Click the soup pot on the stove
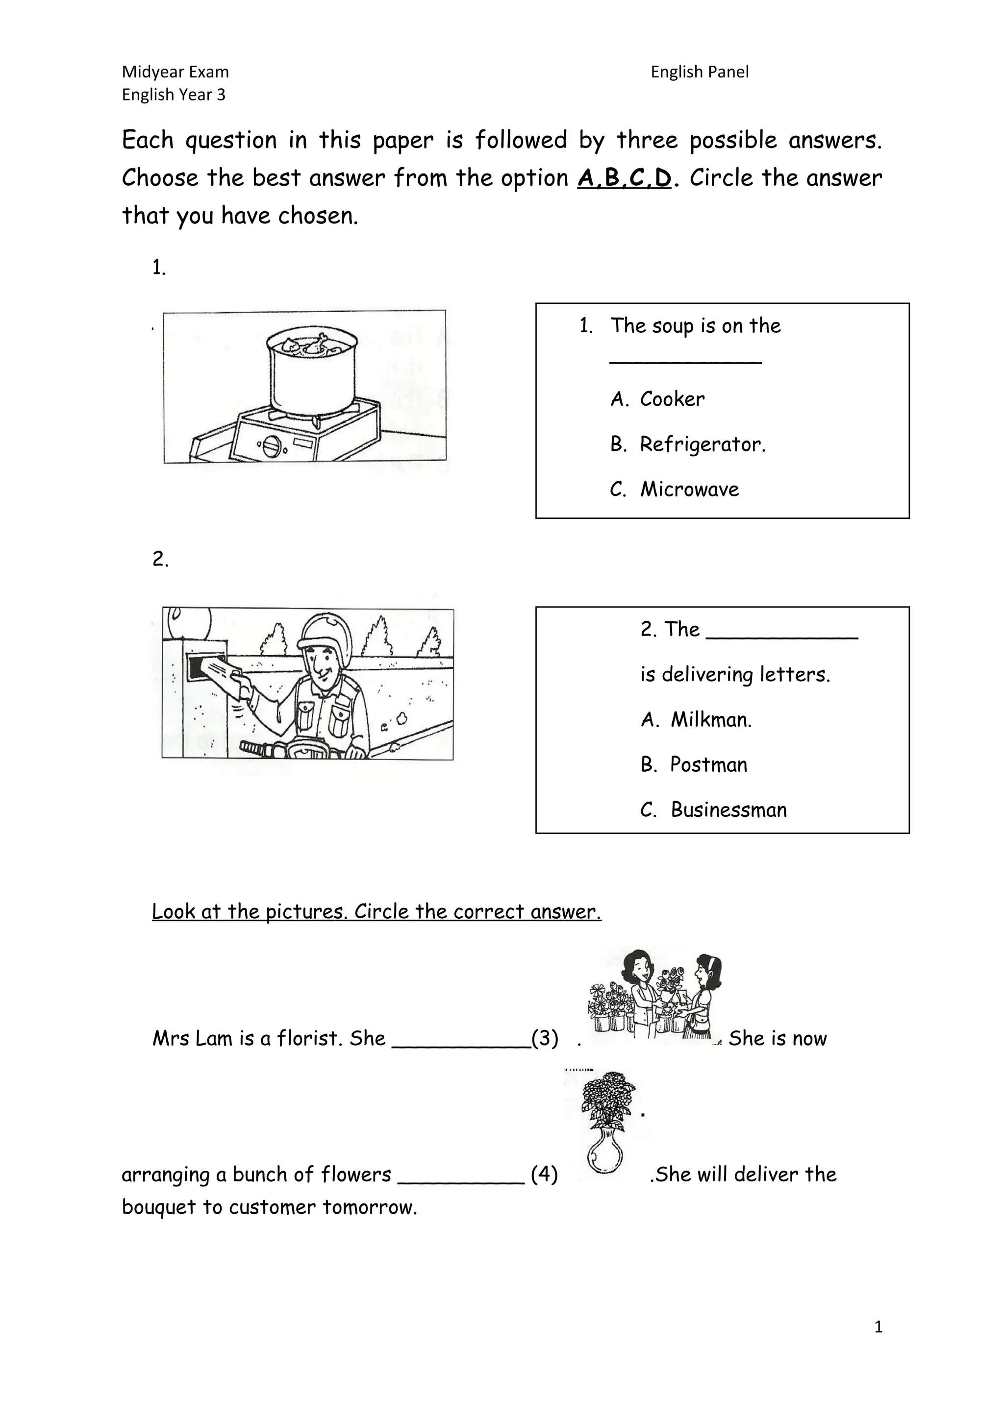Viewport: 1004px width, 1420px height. click(x=311, y=371)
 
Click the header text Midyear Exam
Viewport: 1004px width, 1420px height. click(x=175, y=73)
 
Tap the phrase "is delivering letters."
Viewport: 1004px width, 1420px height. click(x=734, y=674)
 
